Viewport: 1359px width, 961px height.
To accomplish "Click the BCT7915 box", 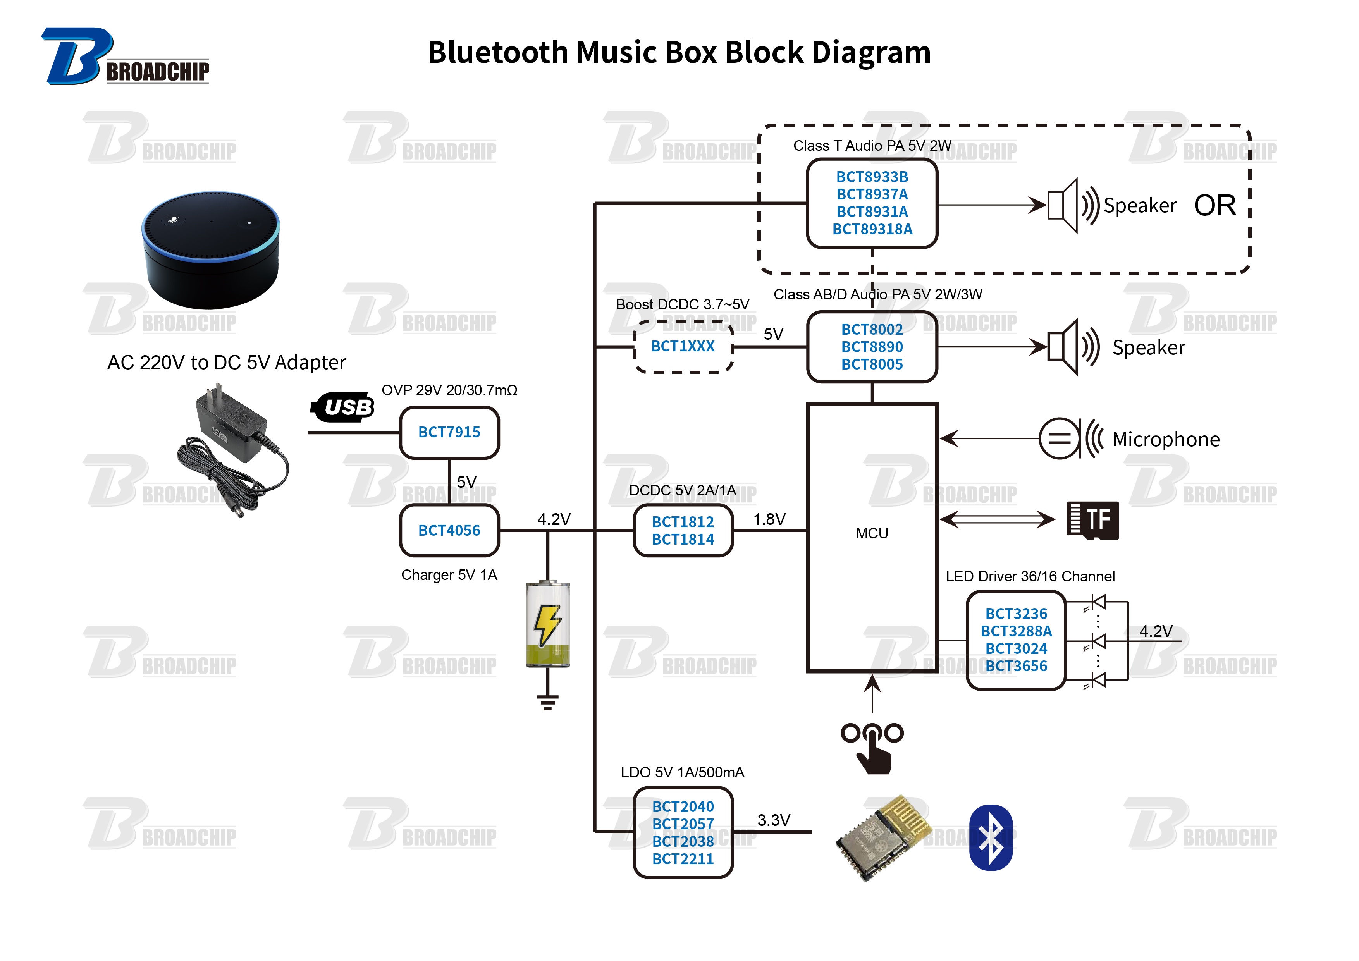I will click(449, 433).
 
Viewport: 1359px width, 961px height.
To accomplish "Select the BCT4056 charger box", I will click(449, 530).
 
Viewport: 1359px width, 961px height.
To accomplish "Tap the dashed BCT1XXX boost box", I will click(683, 347).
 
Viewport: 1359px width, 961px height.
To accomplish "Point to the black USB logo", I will click(343, 407).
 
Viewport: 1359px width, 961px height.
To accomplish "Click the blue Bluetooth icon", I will click(991, 837).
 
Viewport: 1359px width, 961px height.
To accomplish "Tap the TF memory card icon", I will click(1092, 520).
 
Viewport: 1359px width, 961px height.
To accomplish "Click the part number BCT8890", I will click(872, 347).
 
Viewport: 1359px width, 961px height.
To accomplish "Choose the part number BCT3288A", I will click(1016, 631).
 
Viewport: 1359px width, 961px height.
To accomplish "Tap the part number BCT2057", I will click(683, 824).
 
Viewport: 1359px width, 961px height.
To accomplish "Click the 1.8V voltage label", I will click(769, 519).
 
